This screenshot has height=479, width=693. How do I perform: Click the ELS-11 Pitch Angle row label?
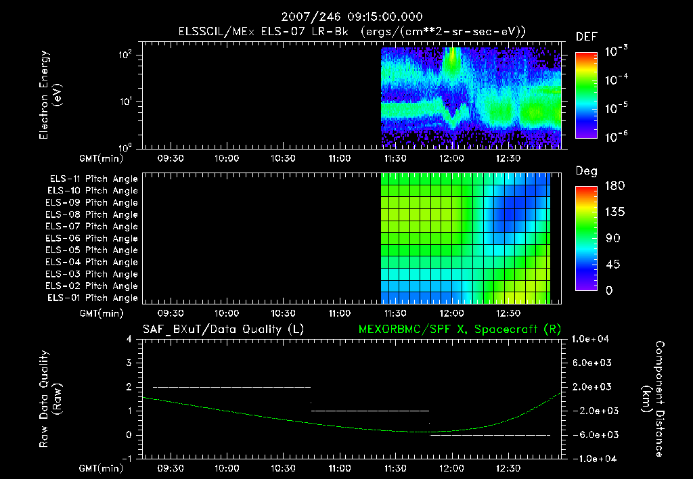[x=93, y=179]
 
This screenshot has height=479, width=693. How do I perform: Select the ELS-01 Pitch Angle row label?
[x=93, y=298]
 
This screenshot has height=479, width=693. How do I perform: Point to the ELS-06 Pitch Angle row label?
[x=93, y=238]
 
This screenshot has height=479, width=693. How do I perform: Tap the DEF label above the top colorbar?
[x=586, y=37]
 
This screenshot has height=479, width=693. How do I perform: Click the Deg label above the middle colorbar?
[x=586, y=171]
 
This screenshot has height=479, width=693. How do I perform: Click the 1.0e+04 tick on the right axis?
[x=592, y=339]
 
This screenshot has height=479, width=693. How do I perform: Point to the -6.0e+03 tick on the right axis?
[x=592, y=434]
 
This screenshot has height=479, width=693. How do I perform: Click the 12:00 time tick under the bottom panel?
[x=451, y=468]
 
